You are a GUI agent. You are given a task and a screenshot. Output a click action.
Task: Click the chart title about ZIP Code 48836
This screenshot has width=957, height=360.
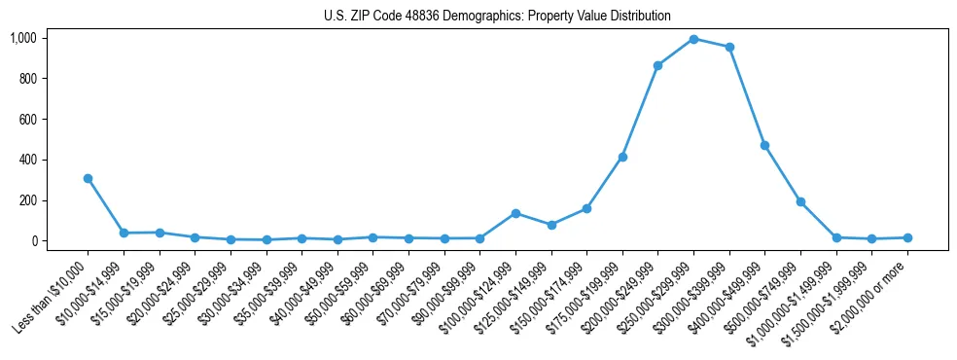tap(497, 16)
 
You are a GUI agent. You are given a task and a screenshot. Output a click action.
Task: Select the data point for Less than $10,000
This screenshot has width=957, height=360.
tap(88, 178)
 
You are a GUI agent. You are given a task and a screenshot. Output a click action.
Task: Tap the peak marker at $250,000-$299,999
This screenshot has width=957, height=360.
tap(693, 39)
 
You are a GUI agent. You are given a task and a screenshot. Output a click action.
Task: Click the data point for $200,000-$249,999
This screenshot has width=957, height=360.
tap(658, 65)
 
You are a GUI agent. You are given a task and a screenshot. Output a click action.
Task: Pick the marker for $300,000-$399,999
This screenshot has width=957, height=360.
tap(729, 47)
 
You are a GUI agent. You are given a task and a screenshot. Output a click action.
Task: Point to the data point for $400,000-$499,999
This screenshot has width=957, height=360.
tap(765, 145)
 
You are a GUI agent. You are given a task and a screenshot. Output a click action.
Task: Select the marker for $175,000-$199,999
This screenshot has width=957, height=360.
tap(622, 157)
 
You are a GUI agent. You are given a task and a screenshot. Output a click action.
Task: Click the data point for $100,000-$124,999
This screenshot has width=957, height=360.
tap(515, 213)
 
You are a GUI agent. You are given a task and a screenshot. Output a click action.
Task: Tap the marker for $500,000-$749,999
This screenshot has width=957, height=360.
tap(800, 201)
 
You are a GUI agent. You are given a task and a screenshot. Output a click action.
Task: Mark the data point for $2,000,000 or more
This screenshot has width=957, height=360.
tap(907, 237)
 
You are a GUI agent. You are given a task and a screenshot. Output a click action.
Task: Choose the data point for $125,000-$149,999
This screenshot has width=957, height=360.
tap(551, 225)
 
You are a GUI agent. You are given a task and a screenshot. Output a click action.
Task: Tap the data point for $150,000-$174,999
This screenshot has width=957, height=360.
tap(586, 208)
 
